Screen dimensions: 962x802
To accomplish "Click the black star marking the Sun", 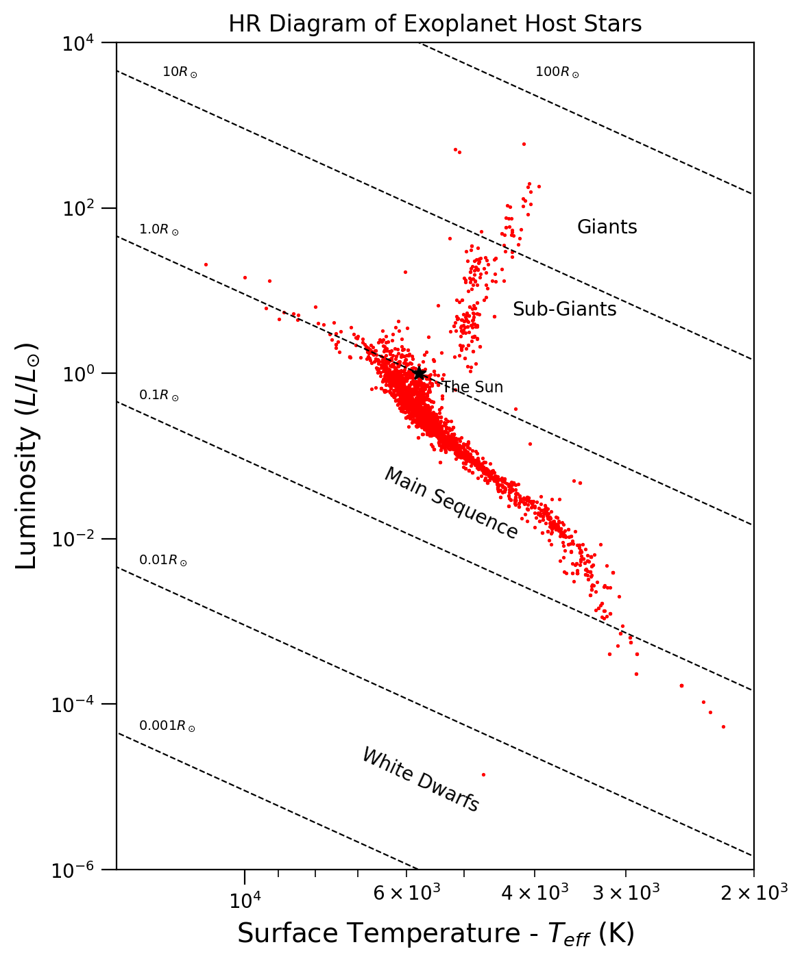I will [419, 373].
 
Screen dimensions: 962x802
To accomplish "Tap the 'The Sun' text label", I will [472, 388].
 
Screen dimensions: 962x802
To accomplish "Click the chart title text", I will [435, 24].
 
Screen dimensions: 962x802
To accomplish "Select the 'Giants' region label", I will [607, 227].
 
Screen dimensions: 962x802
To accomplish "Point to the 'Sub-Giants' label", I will [564, 309].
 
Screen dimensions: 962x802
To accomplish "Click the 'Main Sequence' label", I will [450, 503].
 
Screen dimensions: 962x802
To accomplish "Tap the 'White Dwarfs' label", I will [420, 780].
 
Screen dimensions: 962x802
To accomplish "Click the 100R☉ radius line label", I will [557, 72].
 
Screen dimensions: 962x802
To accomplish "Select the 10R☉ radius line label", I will [180, 72].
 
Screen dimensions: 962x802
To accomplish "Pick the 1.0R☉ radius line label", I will [159, 230].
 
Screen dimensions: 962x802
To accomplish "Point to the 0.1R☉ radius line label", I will [159, 395].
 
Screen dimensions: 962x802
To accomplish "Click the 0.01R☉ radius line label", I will [163, 560].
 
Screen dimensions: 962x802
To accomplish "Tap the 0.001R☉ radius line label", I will [167, 726].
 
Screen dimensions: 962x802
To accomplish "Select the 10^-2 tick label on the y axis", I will [78, 540].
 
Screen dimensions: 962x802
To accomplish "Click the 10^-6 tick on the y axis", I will [78, 870].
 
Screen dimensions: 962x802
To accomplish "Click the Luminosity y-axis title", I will [27, 455].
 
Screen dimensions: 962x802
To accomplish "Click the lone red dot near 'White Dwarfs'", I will [483, 774].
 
